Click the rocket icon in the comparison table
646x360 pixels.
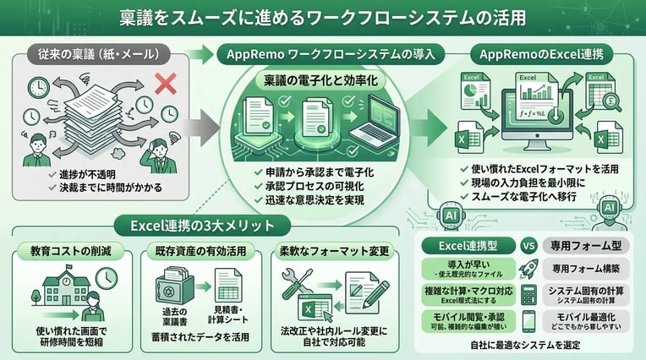531,269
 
